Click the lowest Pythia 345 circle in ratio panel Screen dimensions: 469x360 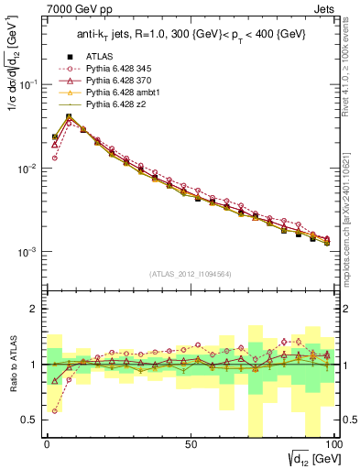[x=54, y=410]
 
